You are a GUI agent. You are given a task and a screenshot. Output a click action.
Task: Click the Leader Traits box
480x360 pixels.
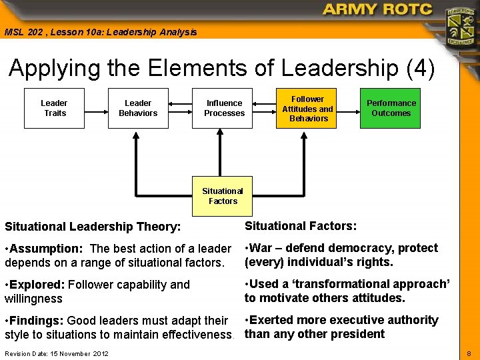[x=54, y=108]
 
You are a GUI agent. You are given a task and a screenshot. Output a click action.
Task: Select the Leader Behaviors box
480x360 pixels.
[x=138, y=108]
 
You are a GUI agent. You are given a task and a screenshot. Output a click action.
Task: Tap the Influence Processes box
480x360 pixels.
[x=224, y=108]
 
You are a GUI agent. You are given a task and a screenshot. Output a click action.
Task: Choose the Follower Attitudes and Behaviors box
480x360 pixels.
[x=307, y=108]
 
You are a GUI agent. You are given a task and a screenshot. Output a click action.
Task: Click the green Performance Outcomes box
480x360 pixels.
[x=391, y=108]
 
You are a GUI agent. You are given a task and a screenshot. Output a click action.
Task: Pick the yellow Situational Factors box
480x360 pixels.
[x=223, y=196]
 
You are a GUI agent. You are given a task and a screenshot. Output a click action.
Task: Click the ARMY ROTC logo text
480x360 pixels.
[x=377, y=10]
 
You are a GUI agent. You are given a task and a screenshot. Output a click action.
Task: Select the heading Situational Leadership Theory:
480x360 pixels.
[x=93, y=227]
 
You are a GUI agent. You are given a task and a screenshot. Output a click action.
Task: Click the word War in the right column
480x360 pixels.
[x=263, y=248]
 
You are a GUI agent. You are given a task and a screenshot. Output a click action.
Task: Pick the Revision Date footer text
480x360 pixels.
[x=56, y=353]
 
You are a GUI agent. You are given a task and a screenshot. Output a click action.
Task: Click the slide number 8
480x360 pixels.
[x=469, y=353]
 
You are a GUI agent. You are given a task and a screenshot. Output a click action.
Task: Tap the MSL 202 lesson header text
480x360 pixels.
[x=101, y=32]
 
